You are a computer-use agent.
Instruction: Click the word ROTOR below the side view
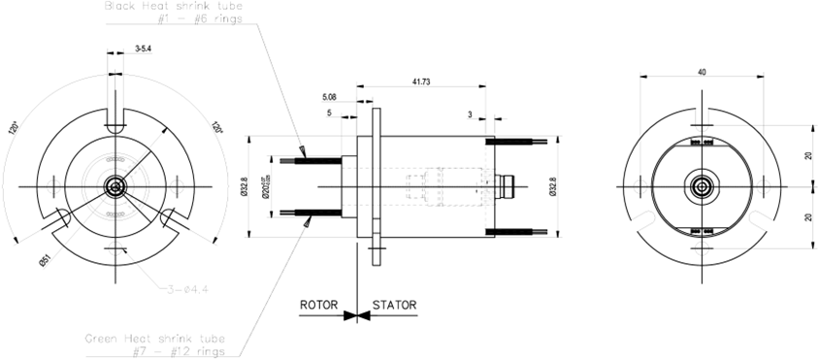click(317, 305)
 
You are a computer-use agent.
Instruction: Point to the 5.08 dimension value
click(333, 97)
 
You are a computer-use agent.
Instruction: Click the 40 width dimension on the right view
click(702, 71)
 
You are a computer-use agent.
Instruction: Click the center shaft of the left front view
click(117, 185)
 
